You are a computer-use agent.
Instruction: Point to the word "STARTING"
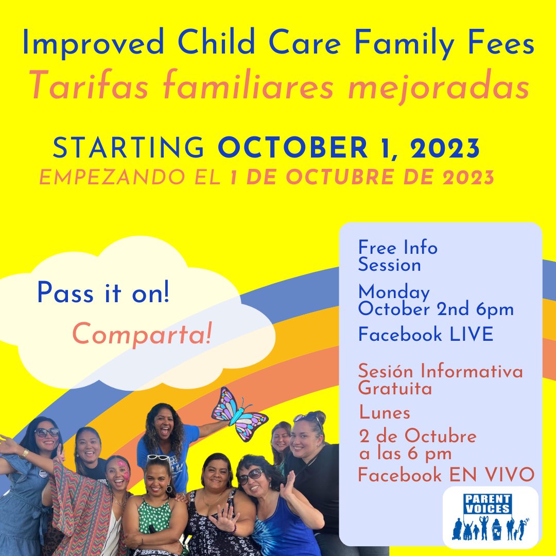tap(129, 148)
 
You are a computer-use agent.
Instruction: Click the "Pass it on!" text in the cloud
tap(103, 294)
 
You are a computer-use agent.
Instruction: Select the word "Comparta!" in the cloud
tap(142, 335)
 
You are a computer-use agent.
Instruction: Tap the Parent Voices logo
tap(490, 516)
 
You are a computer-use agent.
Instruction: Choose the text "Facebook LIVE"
tap(426, 335)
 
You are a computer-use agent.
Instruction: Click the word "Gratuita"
tap(395, 389)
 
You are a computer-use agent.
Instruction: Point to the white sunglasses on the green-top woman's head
tap(158, 457)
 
